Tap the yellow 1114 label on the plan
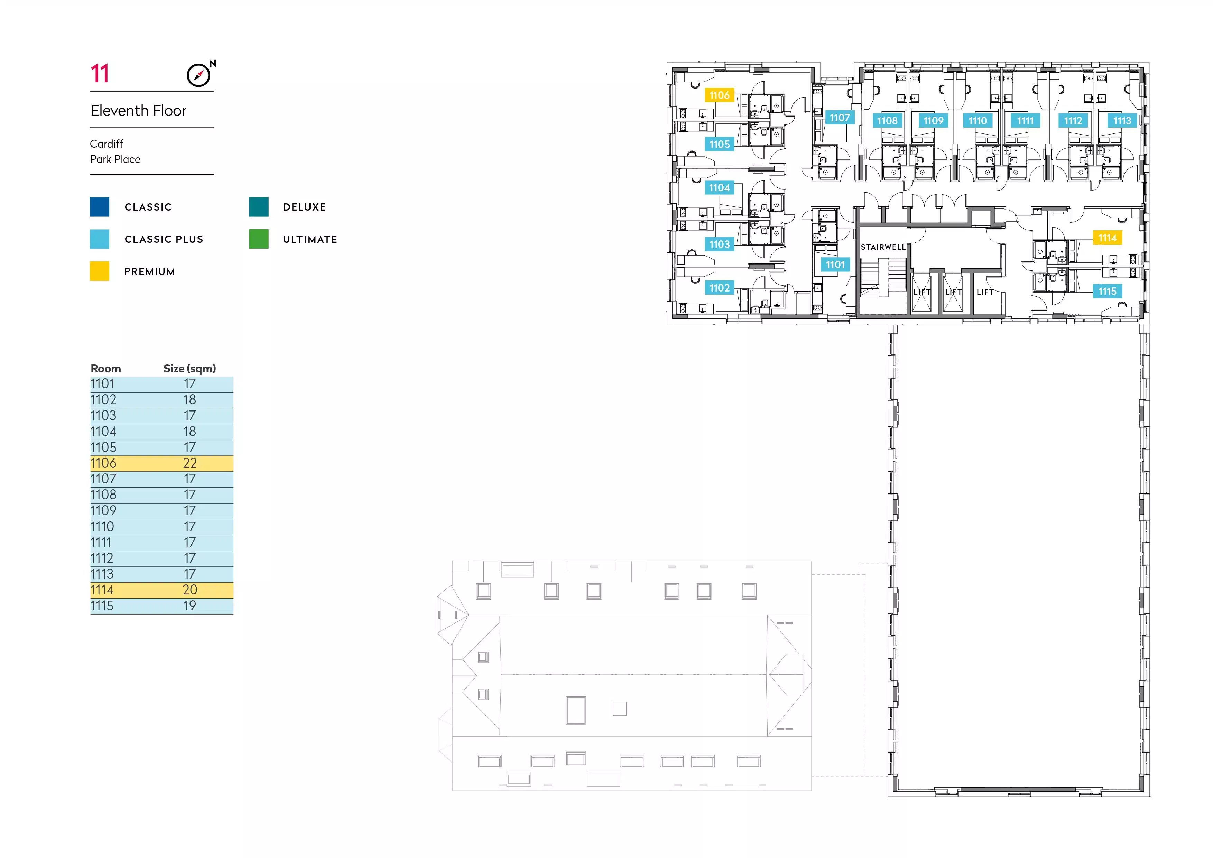pos(1107,238)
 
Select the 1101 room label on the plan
pos(835,265)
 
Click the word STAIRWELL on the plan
pos(883,247)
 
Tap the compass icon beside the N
pos(198,75)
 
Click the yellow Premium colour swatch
pos(99,271)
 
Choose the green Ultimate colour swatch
pos(259,239)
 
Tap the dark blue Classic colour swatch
pos(99,206)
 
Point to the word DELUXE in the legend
pos(304,207)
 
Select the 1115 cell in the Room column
pos(102,606)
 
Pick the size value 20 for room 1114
pos(190,590)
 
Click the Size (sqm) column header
pos(190,369)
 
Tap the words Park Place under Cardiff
pos(115,159)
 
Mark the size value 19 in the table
pos(190,606)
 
